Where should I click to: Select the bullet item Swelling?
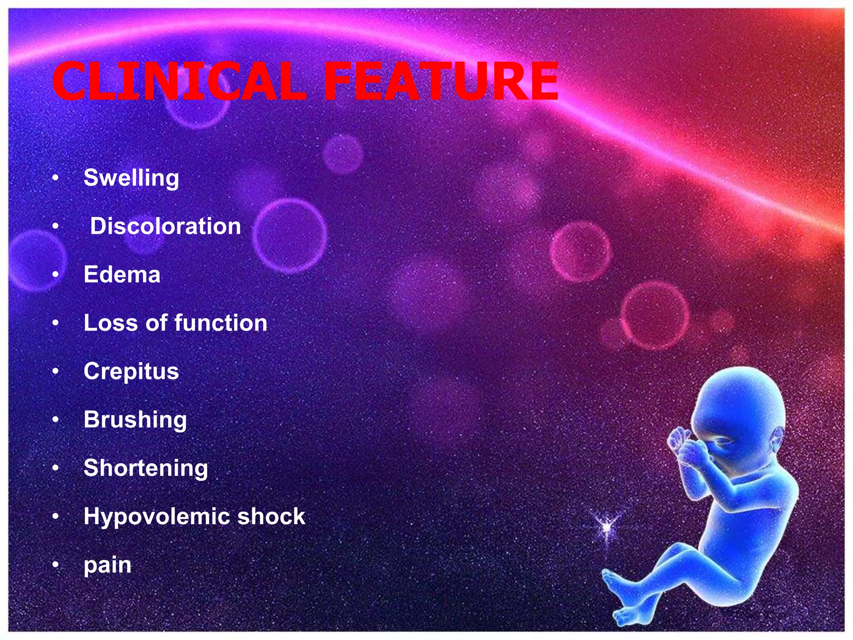[x=131, y=178]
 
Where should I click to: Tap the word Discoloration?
[x=165, y=226]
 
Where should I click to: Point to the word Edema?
[x=122, y=275]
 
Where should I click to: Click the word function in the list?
[x=221, y=323]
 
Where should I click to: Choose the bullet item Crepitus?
[x=131, y=371]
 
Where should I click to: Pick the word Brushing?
[x=135, y=420]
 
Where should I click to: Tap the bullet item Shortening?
[x=146, y=468]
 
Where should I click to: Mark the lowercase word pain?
[x=107, y=565]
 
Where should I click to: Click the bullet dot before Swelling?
[x=56, y=178]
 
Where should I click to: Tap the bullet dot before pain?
[x=56, y=565]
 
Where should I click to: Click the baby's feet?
[x=621, y=600]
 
